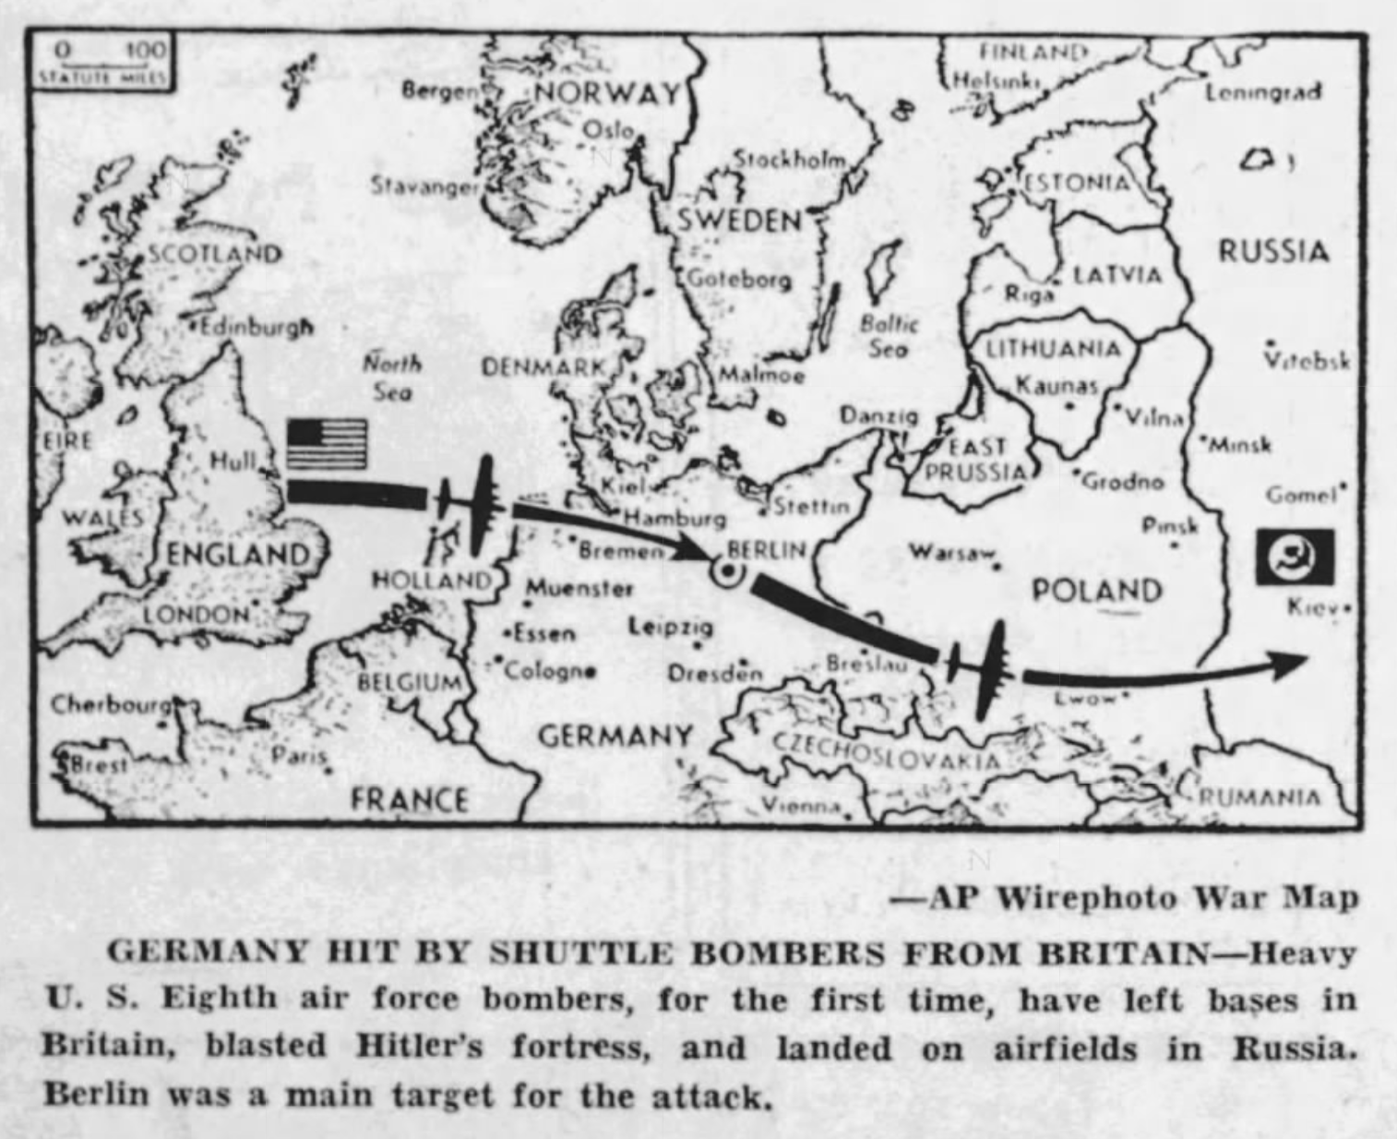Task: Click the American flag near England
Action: [x=327, y=444]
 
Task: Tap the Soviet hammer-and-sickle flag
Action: [x=1294, y=557]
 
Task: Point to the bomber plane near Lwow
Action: [x=984, y=669]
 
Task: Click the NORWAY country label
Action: [x=606, y=93]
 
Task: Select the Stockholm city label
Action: [x=789, y=160]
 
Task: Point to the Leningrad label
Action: [x=1263, y=91]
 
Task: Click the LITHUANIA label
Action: [x=1054, y=350]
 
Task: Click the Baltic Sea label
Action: [x=889, y=336]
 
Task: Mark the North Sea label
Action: [x=392, y=377]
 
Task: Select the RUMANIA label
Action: [x=1260, y=797]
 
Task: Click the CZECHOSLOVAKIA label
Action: [x=886, y=752]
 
